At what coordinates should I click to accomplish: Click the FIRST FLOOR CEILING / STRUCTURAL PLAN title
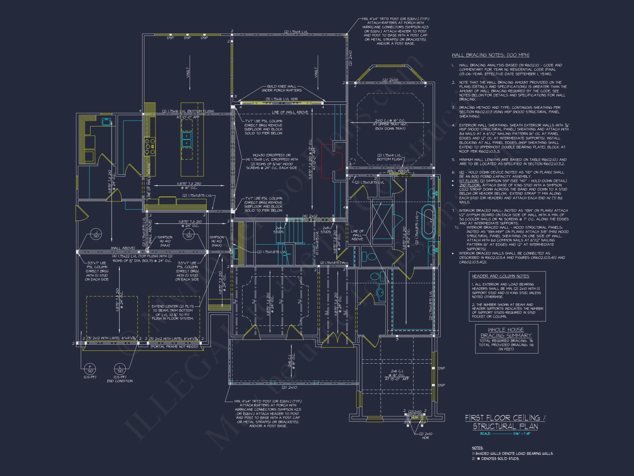[505, 422]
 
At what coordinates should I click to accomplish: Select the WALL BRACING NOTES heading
[490, 55]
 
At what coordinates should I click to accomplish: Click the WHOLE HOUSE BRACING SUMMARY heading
[506, 333]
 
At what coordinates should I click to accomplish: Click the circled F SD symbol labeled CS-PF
[90, 369]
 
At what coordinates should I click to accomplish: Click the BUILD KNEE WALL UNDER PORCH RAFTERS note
[281, 88]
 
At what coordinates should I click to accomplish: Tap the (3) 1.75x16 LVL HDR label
[282, 99]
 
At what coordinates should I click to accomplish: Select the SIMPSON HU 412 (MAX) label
[217, 241]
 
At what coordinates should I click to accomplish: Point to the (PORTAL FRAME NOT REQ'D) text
[174, 347]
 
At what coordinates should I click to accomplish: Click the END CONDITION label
[120, 381]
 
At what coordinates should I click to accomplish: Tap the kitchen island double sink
[187, 140]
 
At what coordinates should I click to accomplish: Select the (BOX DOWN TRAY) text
[390, 129]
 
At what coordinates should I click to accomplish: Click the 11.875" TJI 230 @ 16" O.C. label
[189, 185]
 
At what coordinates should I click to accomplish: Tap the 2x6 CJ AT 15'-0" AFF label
[397, 375]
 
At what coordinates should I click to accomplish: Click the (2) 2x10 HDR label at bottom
[425, 436]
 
